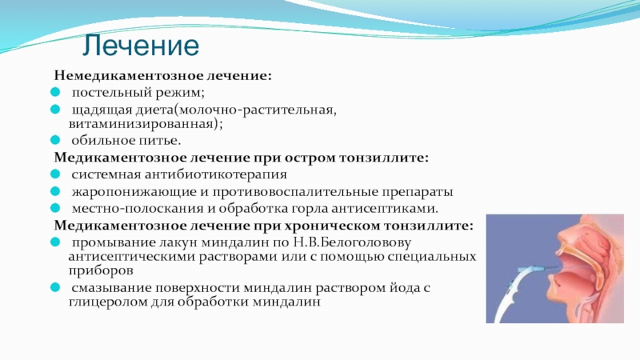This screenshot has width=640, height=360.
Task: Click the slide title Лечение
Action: [141, 46]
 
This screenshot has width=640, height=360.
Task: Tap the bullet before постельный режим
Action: [55, 92]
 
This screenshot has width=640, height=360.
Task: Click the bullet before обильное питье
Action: [55, 140]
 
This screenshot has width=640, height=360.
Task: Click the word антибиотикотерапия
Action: [215, 174]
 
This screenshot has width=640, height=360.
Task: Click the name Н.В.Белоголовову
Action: [352, 242]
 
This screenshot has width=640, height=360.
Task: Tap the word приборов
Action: [101, 270]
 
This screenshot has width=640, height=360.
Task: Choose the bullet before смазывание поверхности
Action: [55, 287]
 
